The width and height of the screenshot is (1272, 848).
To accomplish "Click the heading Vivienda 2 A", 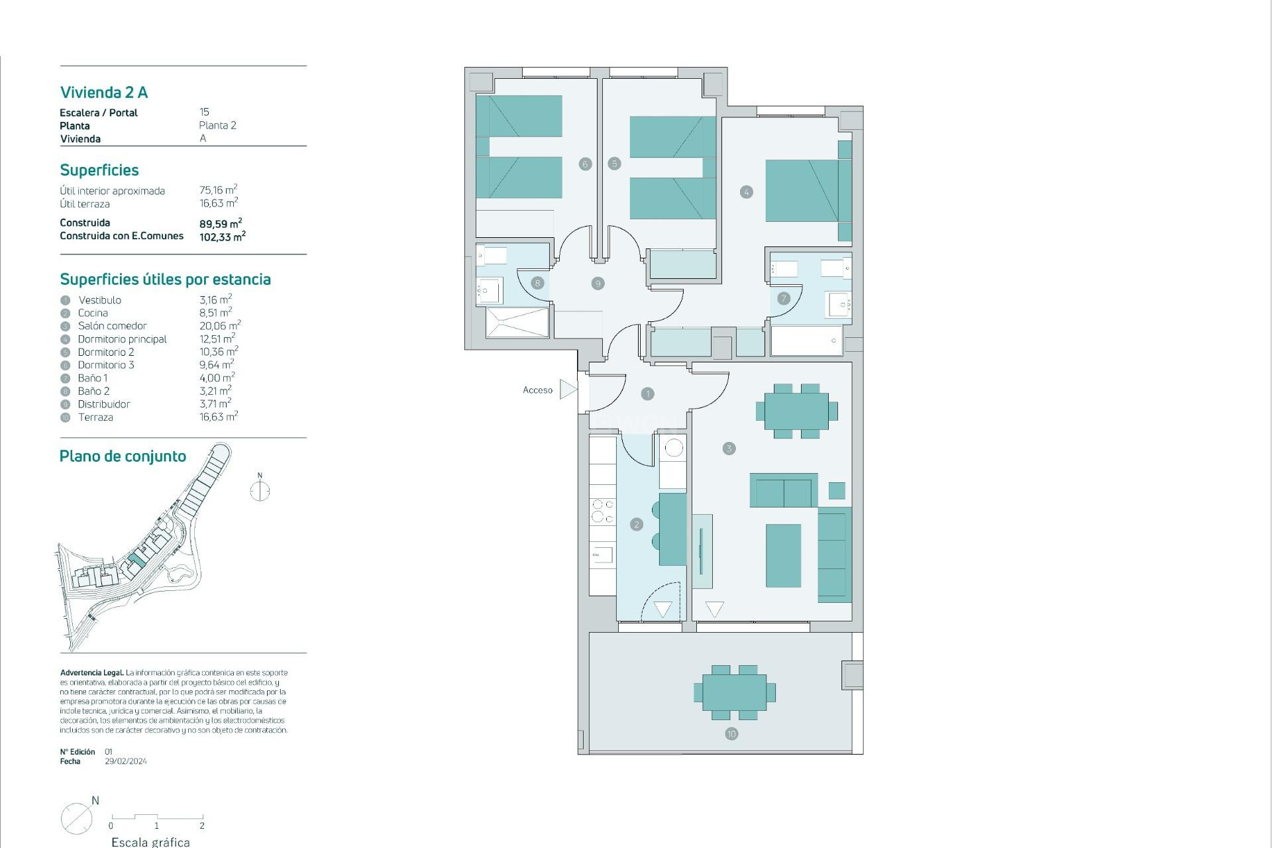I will click(x=104, y=93).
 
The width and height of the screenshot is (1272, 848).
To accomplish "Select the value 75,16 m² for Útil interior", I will click(x=218, y=190).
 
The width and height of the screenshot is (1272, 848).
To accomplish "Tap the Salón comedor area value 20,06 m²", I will click(x=220, y=326).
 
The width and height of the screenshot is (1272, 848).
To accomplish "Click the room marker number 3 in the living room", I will click(x=729, y=449).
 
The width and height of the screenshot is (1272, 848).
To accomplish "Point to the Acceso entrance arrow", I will click(x=568, y=390).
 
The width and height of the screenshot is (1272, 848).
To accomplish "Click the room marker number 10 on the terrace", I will click(x=731, y=733).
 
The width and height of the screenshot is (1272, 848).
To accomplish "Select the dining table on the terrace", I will click(x=734, y=692).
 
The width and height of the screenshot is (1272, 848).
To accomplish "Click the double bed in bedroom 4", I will click(x=802, y=191).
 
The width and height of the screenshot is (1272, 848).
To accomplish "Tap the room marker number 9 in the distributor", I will click(x=598, y=284).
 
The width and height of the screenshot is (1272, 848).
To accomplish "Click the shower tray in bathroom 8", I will click(x=517, y=322).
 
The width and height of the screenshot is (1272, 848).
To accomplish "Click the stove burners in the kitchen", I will click(x=602, y=511).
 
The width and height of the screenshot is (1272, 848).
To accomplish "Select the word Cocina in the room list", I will click(x=93, y=313).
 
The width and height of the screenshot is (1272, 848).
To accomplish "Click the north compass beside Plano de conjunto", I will click(x=260, y=491).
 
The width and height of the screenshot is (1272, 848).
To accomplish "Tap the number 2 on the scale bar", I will click(x=202, y=826).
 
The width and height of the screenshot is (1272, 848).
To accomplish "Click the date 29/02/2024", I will click(x=126, y=761).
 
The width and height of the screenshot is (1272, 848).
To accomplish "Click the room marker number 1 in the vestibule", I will click(x=647, y=394).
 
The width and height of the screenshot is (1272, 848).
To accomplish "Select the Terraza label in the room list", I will click(x=95, y=417).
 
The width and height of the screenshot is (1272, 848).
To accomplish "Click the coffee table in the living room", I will click(x=783, y=555).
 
